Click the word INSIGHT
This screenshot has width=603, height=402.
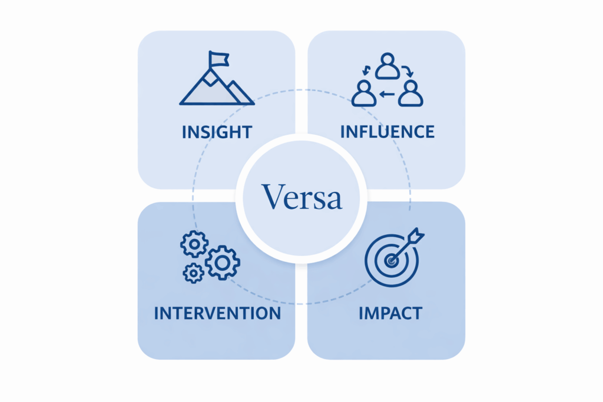tap(217, 131)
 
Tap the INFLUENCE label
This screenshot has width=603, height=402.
tap(387, 131)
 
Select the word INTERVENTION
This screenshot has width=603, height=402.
tap(217, 313)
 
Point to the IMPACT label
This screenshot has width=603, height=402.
tap(390, 313)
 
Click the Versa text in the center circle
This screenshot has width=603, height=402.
tap(301, 197)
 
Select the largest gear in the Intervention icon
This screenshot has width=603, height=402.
tap(222, 263)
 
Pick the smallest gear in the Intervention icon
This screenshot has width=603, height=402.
tap(193, 273)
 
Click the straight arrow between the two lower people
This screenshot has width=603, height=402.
tap(387, 94)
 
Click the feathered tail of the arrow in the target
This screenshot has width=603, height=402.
tap(418, 234)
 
